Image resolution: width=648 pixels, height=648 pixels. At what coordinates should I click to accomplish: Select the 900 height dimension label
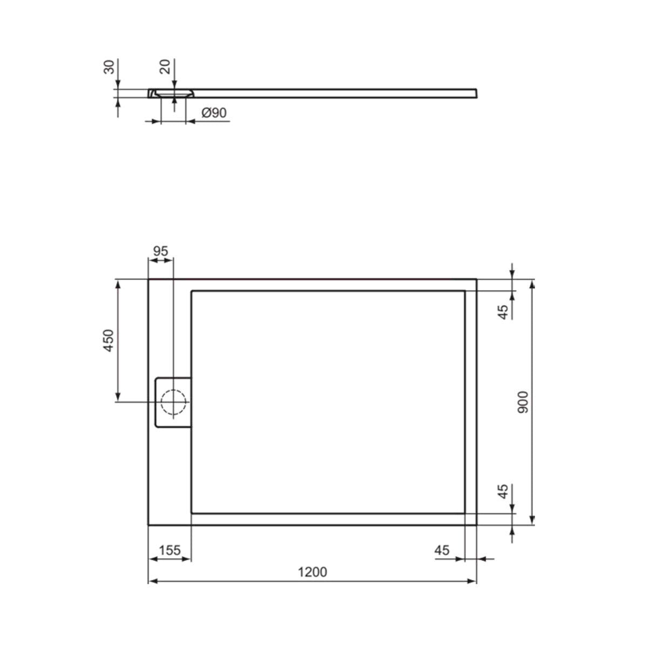point(523,402)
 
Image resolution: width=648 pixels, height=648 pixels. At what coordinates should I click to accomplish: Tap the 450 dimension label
point(109,341)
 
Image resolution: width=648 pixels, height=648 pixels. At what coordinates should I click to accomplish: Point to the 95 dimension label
point(160,251)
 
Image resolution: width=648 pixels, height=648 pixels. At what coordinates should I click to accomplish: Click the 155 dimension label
point(170,550)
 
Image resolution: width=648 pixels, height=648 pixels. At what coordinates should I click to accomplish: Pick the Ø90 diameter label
point(214,113)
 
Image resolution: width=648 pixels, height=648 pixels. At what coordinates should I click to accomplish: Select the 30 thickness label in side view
point(109,67)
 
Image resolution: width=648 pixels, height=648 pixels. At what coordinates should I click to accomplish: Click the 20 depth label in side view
point(165,66)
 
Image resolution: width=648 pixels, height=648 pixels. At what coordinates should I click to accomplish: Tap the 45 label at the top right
point(503,313)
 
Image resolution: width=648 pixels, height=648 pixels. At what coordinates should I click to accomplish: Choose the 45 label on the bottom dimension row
point(442,550)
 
